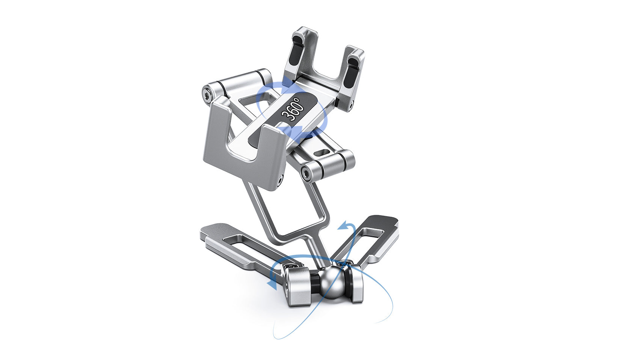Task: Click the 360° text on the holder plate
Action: point(293,109)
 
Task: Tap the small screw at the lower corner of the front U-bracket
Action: point(280,182)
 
